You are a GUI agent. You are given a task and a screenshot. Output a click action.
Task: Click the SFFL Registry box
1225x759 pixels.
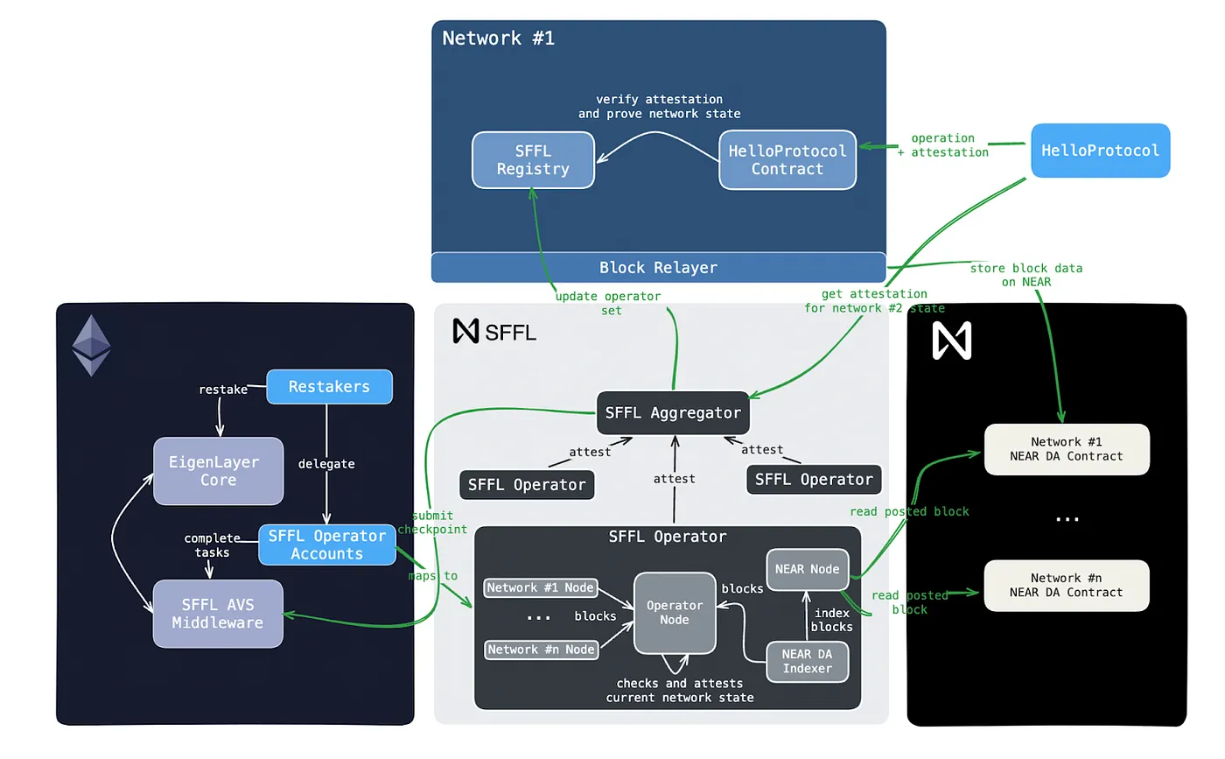tap(533, 160)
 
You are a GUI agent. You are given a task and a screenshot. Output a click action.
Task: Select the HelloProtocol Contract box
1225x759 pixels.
tap(787, 160)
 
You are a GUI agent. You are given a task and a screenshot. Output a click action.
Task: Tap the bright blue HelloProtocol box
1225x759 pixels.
tap(1100, 151)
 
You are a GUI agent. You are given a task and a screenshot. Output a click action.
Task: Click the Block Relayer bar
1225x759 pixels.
tap(658, 267)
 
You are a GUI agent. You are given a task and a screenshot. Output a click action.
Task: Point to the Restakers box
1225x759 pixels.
tap(329, 386)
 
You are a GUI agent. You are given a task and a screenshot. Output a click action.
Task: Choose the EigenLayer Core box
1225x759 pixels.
tap(218, 471)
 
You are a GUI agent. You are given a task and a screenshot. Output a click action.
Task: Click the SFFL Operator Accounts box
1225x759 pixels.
tap(327, 545)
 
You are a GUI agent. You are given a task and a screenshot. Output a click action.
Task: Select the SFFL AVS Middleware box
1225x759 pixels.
tap(218, 614)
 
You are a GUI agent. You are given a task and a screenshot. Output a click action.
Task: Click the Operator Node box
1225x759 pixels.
tap(675, 613)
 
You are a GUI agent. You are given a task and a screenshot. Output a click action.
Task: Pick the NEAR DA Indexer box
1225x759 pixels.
tap(808, 662)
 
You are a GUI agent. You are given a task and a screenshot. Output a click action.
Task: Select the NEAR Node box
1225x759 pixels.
tap(807, 569)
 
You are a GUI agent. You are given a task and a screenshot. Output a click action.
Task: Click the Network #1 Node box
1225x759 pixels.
tap(541, 588)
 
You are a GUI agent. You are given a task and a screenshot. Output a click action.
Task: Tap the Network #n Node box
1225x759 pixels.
tap(541, 650)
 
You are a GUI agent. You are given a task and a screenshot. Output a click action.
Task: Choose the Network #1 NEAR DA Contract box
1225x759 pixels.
tap(1066, 449)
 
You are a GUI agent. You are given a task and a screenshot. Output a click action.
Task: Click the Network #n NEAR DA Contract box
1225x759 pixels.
tap(1066, 585)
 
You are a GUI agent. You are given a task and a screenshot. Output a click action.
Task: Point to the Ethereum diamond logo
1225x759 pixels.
tap(91, 346)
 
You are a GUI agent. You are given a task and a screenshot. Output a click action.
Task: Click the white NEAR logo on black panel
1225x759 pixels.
tap(952, 341)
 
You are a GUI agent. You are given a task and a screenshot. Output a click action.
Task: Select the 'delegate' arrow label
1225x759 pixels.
tap(326, 463)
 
